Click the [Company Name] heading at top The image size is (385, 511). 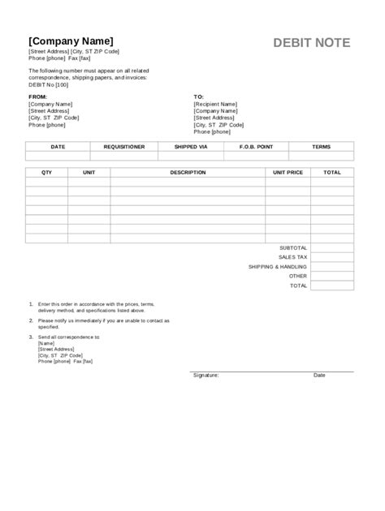[71, 41]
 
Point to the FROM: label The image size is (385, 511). [38, 96]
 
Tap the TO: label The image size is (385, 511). [198, 96]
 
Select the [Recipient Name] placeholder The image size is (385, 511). [215, 104]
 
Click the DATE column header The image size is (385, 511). [58, 147]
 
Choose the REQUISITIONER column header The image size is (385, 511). [124, 147]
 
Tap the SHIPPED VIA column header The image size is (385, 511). [192, 147]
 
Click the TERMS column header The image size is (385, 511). [321, 147]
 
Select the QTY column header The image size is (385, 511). [46, 173]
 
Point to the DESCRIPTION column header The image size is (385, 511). [188, 173]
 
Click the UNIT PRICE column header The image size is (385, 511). [288, 173]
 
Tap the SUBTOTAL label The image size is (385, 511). [293, 247]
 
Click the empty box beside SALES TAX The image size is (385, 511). [332, 256]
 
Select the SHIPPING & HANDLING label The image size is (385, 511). [279, 266]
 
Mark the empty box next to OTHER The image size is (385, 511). [332, 276]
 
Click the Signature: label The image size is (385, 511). [205, 376]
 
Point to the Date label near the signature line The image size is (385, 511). [319, 376]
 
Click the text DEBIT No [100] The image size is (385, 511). [49, 84]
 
